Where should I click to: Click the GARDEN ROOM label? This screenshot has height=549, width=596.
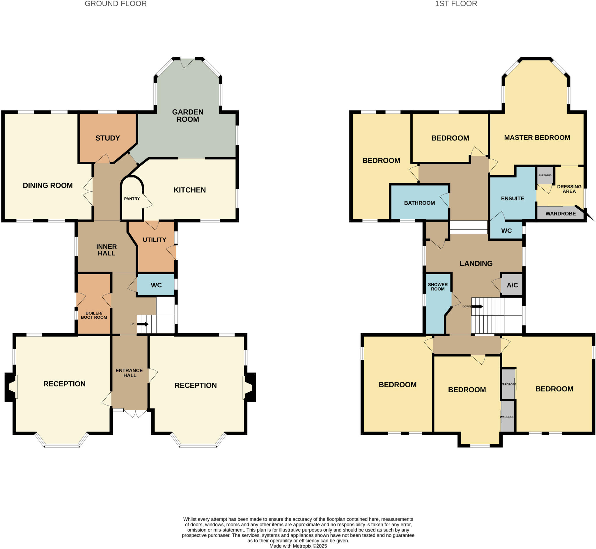[x=188, y=115]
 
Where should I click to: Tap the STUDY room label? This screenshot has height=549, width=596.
[x=108, y=138]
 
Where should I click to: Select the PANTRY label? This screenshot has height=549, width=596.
[x=132, y=199]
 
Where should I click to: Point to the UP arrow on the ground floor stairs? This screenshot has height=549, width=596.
[x=143, y=324]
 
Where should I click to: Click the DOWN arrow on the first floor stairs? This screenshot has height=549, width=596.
[x=477, y=306]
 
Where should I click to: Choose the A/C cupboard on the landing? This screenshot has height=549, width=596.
[x=512, y=285]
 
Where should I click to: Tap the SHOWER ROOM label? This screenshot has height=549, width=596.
[x=438, y=287]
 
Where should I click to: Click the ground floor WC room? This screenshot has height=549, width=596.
[x=156, y=285]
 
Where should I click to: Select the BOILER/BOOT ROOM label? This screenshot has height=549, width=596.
[x=94, y=315]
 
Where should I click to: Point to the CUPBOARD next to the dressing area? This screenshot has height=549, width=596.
[x=545, y=175]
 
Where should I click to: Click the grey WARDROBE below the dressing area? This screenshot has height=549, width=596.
[x=560, y=214]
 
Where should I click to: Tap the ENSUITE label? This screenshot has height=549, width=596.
[x=512, y=198]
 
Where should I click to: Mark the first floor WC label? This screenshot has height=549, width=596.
[x=506, y=231]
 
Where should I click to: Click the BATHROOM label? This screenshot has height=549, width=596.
[x=419, y=203]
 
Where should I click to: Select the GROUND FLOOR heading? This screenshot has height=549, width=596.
[x=116, y=4]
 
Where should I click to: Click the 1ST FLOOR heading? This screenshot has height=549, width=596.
[x=456, y=4]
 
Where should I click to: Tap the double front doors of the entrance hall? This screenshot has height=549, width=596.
[x=136, y=413]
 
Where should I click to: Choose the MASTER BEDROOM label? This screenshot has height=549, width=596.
[x=537, y=138]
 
